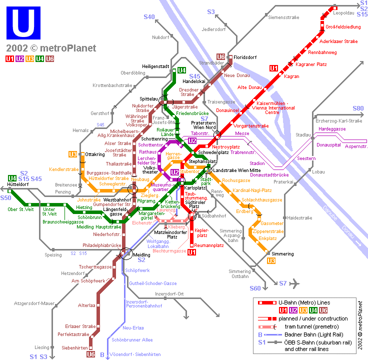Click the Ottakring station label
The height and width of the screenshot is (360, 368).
pyautogui.click(x=95, y=154)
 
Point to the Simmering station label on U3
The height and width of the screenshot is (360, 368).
pyautogui.click(x=282, y=254)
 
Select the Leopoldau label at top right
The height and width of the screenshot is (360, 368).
pyautogui.click(x=343, y=13)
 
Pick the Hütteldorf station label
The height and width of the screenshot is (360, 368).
pyautogui.click(x=17, y=184)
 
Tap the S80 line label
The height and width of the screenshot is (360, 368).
pyautogui.click(x=358, y=108)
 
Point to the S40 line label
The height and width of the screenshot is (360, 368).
pyautogui.click(x=149, y=17)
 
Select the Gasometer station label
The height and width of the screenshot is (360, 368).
pyautogui.click(x=272, y=223)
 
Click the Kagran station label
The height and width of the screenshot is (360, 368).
pyautogui.click(x=291, y=76)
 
